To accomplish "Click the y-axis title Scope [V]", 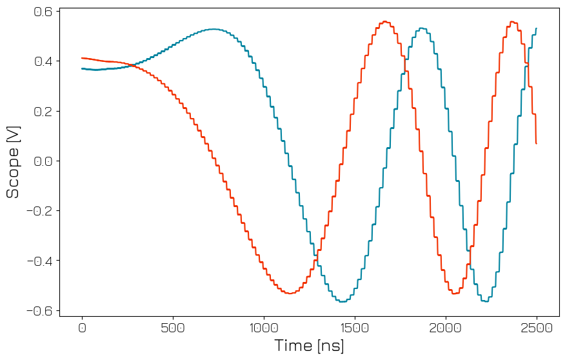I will [13, 161].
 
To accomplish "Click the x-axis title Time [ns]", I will [309, 346].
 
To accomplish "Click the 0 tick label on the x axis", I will [82, 327].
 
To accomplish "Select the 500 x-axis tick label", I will [173, 327].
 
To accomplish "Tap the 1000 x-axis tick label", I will [264, 327].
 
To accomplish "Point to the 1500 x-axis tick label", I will [355, 327].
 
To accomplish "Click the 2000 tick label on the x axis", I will [446, 327].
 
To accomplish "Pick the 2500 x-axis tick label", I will [537, 327].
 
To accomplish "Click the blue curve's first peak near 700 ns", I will [213, 29].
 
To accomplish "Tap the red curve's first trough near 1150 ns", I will [290, 294].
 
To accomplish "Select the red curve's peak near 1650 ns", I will [385, 21].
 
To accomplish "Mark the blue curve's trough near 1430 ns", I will [342, 301].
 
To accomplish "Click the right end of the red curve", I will [536, 143].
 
